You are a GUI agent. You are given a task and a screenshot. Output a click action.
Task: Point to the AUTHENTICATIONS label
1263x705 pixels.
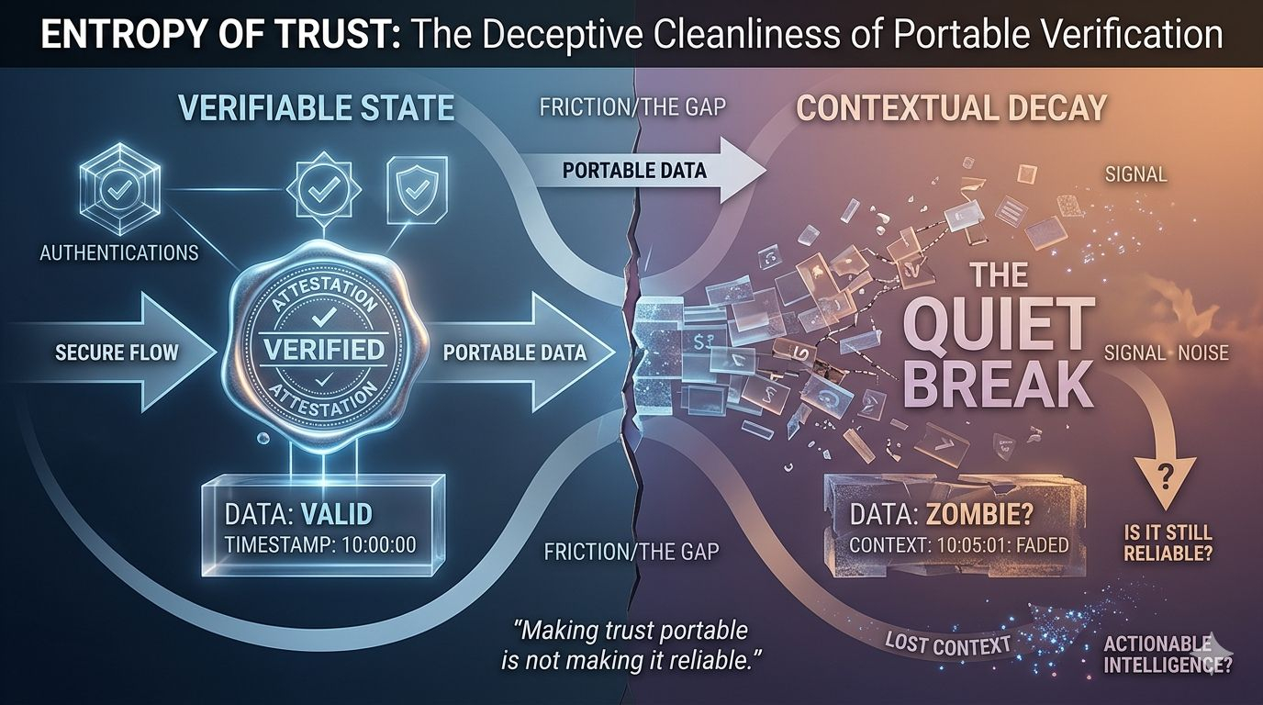[119, 252]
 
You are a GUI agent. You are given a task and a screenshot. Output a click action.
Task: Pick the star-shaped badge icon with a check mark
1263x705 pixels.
[319, 190]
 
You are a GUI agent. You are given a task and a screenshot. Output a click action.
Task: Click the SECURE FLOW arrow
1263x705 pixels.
[117, 352]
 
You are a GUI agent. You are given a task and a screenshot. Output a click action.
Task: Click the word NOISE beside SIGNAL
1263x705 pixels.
[1198, 352]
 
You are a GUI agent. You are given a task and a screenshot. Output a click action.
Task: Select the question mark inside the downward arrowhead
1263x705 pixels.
[1168, 475]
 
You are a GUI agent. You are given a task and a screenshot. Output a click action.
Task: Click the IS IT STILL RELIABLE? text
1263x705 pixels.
[1168, 543]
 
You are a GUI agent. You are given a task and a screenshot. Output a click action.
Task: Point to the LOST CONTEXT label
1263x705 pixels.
[948, 643]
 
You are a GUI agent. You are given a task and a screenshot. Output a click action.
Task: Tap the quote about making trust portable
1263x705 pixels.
[631, 645]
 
